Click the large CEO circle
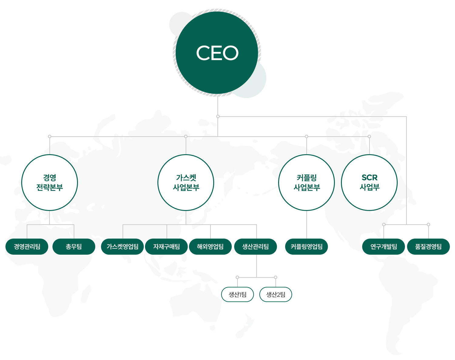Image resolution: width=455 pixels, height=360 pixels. [217, 53]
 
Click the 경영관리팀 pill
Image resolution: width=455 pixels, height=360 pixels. [27, 246]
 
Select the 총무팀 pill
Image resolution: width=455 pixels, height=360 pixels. [74, 246]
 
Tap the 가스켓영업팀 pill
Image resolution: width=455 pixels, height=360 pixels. [123, 246]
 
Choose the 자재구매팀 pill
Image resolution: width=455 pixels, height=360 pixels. [167, 246]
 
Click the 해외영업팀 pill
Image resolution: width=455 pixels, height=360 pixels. [211, 246]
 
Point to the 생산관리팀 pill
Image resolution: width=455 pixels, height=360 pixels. [256, 246]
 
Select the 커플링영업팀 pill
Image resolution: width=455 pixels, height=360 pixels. [307, 246]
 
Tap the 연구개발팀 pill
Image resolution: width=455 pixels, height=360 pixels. [383, 246]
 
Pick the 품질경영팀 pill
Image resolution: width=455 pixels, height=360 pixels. [428, 246]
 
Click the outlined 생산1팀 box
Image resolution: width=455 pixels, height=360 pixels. [238, 294]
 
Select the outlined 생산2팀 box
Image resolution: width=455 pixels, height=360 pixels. [276, 294]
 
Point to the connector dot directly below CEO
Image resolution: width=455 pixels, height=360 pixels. [218, 116]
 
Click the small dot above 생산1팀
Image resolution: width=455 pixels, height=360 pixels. [238, 277]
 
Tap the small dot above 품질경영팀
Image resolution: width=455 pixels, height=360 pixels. [428, 225]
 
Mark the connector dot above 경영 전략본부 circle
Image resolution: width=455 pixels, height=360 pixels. [50, 137]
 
